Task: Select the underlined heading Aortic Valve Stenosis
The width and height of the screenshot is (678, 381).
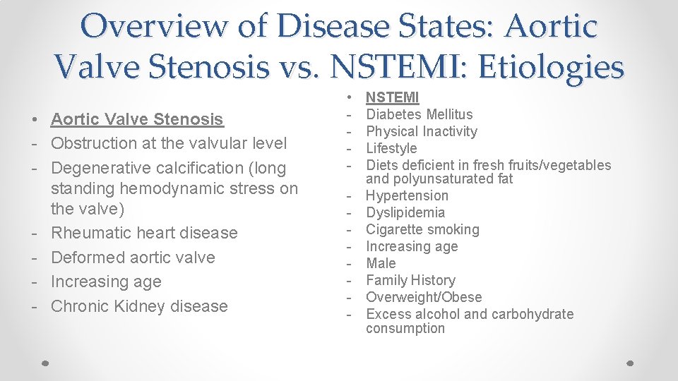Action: point(137,119)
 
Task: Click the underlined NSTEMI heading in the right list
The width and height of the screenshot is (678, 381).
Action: point(392,97)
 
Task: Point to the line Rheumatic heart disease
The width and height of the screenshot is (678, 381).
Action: point(144,233)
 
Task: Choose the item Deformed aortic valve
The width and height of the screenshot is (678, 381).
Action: point(133,258)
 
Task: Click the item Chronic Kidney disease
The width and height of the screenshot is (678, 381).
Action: point(139,306)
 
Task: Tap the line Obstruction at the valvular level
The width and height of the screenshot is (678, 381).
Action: point(169,143)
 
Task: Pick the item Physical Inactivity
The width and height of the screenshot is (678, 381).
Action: point(421,131)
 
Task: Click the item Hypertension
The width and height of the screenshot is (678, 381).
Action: point(407,195)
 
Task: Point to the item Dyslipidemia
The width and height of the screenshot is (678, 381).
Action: point(405,212)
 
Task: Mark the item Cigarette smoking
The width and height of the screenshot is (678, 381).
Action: point(422,229)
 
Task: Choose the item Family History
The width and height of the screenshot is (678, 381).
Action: point(410,280)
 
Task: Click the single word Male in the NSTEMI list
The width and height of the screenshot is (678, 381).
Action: point(381,263)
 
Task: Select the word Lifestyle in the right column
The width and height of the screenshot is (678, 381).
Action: point(391,148)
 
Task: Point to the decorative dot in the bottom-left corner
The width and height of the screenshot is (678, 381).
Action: point(44,361)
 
